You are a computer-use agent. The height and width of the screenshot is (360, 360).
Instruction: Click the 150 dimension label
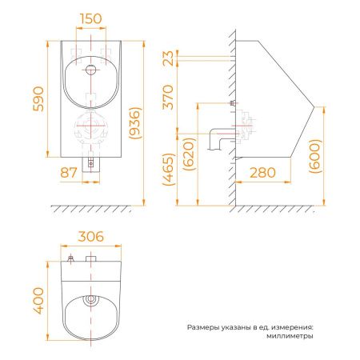pyautogui.click(x=91, y=18)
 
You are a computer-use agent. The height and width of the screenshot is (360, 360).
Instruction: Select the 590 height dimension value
pyautogui.click(x=38, y=98)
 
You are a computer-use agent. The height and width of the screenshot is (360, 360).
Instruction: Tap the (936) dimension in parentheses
pyautogui.click(x=134, y=123)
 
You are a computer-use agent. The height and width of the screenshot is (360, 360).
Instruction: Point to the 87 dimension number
pyautogui.click(x=69, y=173)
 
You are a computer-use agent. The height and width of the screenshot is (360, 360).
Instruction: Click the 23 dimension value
pyautogui.click(x=169, y=58)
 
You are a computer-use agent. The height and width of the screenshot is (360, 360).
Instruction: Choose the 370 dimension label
pyautogui.click(x=169, y=98)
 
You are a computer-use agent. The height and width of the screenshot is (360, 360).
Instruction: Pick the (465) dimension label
pyautogui.click(x=169, y=170)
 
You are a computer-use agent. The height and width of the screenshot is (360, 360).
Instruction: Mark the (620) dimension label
pyautogui.click(x=189, y=154)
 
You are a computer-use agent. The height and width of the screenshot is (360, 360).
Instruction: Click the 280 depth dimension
pyautogui.click(x=262, y=173)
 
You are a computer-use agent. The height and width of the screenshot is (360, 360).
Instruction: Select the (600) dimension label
pyautogui.click(x=315, y=156)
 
